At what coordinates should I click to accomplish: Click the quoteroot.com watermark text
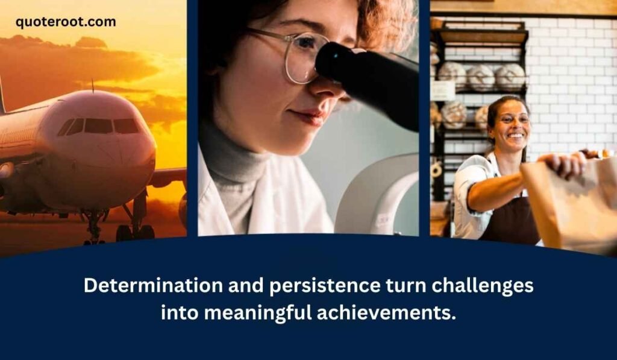click(x=66, y=22)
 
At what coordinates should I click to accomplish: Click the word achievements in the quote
click(x=392, y=313)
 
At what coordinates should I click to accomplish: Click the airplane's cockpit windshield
click(x=99, y=126)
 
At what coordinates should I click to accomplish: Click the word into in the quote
click(x=178, y=313)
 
